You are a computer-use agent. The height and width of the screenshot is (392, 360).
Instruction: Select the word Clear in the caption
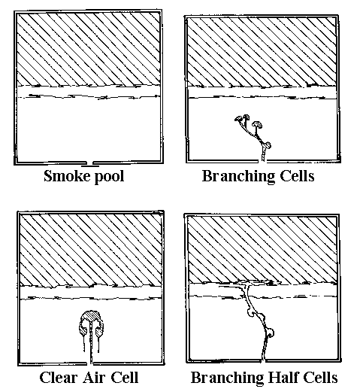point(59,378)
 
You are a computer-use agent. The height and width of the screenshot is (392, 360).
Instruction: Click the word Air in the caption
point(93,378)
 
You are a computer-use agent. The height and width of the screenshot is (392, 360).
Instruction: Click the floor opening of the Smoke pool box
point(90,163)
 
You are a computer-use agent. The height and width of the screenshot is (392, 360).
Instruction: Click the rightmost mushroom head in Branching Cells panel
point(257,124)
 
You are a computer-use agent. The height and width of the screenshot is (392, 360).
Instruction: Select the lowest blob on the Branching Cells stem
point(267,145)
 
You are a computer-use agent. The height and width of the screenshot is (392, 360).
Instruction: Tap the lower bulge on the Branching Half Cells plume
point(270,333)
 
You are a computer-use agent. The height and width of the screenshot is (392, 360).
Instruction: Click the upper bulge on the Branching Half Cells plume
point(250,312)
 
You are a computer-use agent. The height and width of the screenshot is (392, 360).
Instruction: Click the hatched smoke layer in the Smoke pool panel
point(88,49)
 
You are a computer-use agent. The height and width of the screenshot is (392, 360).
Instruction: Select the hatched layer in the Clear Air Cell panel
point(91,250)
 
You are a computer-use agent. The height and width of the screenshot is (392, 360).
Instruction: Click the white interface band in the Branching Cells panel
point(262,92)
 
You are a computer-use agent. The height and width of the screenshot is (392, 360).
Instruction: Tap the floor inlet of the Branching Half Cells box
point(263,360)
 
